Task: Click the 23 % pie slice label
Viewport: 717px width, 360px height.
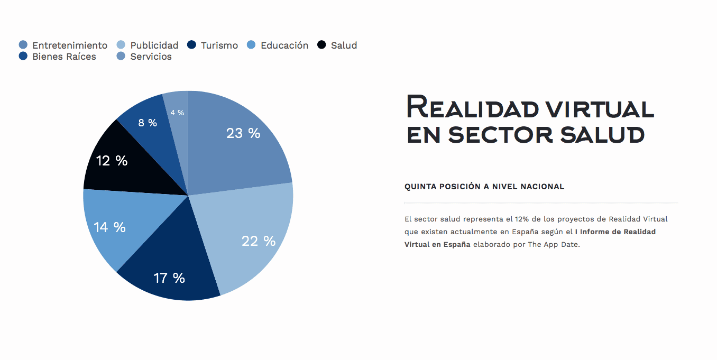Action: tap(243, 133)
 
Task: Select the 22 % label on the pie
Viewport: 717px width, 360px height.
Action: tap(259, 241)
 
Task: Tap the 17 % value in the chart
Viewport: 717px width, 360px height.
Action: tap(169, 278)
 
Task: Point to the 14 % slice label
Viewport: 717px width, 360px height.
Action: tap(109, 227)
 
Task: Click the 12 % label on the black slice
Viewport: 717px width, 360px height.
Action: tap(112, 161)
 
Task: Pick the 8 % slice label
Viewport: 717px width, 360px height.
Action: tap(148, 123)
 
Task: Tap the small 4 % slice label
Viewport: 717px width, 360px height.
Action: tap(177, 113)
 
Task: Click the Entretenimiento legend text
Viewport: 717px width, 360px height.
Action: tap(70, 45)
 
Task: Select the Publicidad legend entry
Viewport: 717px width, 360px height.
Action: tap(154, 45)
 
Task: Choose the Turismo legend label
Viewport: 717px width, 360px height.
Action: tap(219, 45)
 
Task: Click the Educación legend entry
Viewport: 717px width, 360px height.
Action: tap(284, 45)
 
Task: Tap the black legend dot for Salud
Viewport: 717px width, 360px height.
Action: tap(321, 45)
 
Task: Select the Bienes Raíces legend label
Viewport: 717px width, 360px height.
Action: tap(64, 57)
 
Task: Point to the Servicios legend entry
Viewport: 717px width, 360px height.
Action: tap(151, 57)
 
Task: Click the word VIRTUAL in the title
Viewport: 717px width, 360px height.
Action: tap(600, 108)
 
